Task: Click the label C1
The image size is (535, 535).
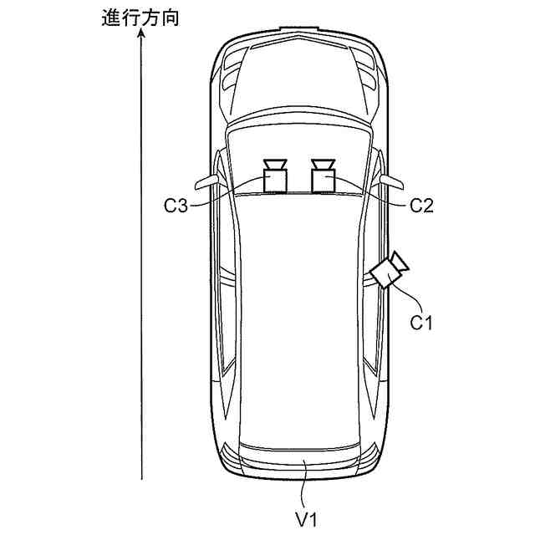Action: coord(422,321)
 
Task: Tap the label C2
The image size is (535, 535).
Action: coord(421,206)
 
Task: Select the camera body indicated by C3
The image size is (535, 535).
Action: coord(275,181)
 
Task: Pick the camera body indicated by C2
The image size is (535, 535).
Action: coord(324,181)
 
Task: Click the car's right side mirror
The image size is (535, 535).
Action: coord(391,181)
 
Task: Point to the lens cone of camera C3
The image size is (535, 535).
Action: coord(275,164)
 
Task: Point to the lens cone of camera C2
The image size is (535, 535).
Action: coord(324,164)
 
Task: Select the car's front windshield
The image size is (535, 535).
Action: coord(298,155)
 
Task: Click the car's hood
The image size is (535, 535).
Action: coord(298,84)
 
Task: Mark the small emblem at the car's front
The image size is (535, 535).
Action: coord(298,30)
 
